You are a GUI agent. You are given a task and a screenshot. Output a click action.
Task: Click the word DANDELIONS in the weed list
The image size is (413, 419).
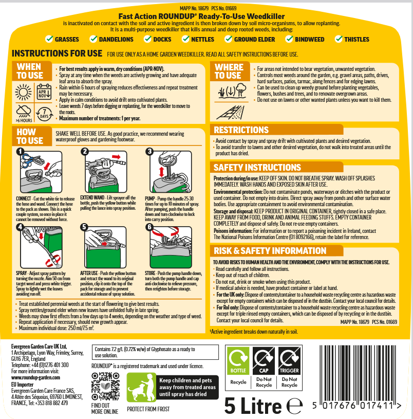click(116, 39)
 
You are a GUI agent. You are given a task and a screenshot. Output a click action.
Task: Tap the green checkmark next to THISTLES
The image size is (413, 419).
click(338, 39)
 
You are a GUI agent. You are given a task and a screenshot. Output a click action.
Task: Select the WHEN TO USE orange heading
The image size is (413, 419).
click(30, 71)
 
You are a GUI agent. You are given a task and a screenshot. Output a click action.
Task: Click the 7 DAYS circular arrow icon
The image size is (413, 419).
click(44, 113)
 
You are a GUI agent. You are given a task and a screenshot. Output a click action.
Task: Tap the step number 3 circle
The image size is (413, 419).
click(150, 152)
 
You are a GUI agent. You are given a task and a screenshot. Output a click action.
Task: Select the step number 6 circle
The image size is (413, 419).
click(150, 227)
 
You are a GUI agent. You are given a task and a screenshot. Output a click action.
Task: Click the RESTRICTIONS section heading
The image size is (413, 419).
click(241, 130)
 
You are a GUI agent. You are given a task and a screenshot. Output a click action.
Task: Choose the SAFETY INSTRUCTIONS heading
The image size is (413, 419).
click(257, 168)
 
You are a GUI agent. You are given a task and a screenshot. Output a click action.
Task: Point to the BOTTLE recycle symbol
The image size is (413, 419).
click(238, 359)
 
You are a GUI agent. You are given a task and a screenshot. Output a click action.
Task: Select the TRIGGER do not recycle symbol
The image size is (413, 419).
click(289, 359)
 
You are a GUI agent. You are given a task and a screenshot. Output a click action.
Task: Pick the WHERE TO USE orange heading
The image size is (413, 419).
click(229, 71)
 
